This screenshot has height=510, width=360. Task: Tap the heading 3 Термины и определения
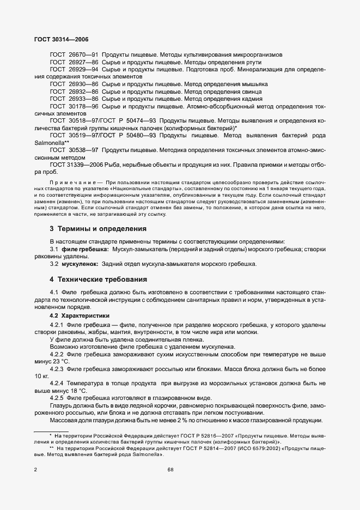tap(99, 229)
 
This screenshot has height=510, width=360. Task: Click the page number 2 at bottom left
tap(35, 469)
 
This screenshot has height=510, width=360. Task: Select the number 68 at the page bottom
tap(170, 469)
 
